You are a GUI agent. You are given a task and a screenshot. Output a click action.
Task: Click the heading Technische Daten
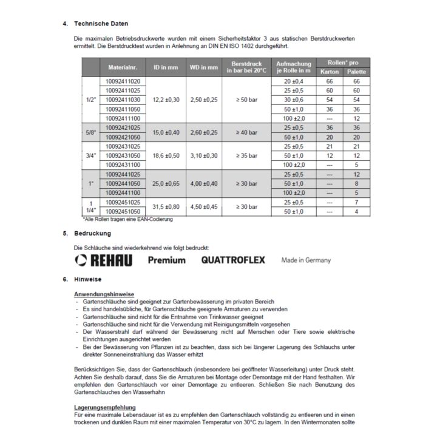point(101,24)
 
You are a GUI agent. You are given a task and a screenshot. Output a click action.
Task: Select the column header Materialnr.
point(123,67)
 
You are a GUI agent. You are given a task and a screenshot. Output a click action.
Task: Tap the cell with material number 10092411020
point(123,81)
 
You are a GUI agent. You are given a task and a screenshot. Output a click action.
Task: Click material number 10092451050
point(123,211)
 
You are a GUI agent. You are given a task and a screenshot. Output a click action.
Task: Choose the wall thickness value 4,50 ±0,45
point(204,207)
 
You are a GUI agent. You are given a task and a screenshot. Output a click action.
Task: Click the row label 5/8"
point(91,132)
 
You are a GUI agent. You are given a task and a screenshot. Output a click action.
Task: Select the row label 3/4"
point(91,156)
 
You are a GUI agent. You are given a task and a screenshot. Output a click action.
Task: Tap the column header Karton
point(330,72)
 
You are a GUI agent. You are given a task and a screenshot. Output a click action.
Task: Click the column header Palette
point(356,72)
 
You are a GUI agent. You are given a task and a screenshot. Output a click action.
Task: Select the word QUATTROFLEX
point(234,260)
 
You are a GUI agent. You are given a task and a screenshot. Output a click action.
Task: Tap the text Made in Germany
point(306,260)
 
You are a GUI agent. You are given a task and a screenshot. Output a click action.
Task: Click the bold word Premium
point(167,260)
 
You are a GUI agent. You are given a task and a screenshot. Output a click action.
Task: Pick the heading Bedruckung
point(92,233)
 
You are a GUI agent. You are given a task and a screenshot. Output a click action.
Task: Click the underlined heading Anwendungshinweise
point(104,294)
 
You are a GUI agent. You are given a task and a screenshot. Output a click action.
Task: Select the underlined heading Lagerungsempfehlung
point(104,407)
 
